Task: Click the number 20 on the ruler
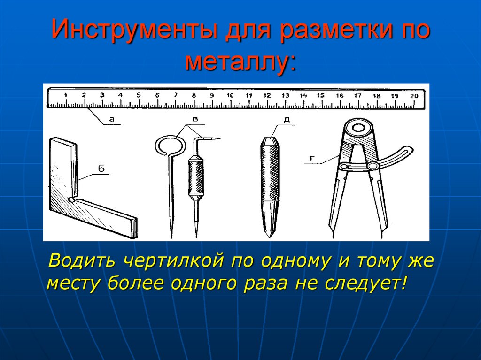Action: (414, 96)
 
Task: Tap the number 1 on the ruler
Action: (65, 95)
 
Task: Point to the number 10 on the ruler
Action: (230, 95)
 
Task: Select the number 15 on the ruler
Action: (321, 95)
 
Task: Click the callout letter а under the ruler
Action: (112, 119)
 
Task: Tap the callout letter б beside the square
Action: (101, 168)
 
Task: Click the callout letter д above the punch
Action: (287, 119)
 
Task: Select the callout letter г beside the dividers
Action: (312, 158)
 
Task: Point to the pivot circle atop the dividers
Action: (358, 128)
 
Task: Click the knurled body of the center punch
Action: (270, 173)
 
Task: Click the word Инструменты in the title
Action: (134, 30)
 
